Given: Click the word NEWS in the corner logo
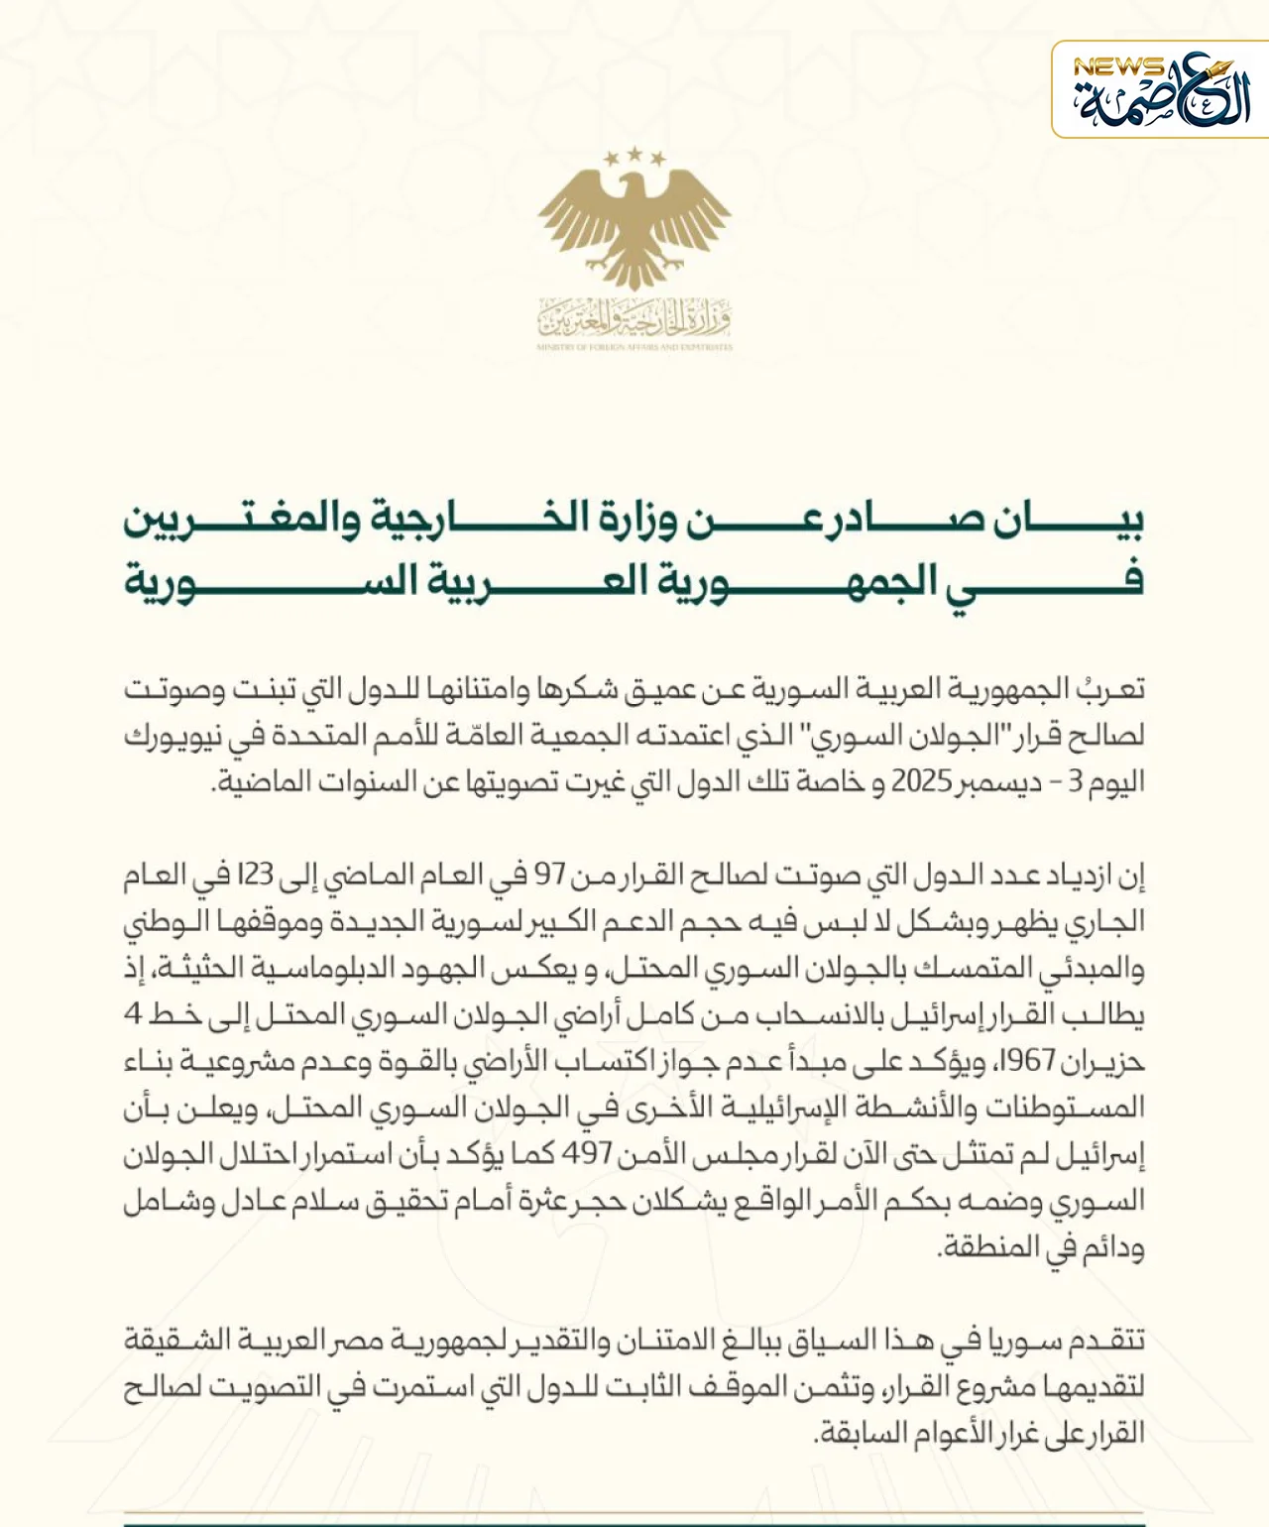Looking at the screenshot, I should (x=1118, y=67).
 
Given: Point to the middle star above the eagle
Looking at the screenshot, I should (x=634, y=154).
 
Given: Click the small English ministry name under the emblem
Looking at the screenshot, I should (x=634, y=348).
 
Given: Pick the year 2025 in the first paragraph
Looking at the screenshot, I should (x=921, y=781).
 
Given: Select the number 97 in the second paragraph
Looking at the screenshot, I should (x=550, y=875).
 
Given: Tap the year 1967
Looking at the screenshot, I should (x=1025, y=1061).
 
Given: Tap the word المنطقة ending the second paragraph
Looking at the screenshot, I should (x=991, y=1246).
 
